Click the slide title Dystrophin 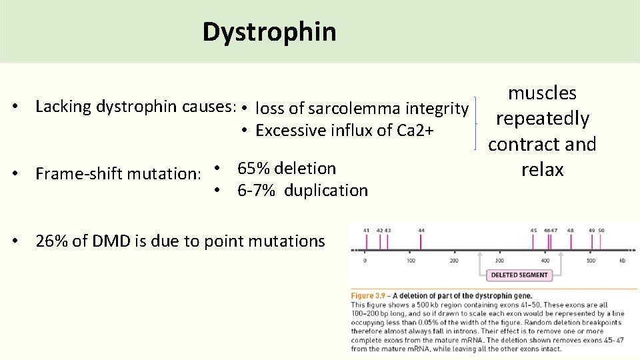[269, 31]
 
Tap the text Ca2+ [415, 130]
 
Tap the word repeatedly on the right [542, 119]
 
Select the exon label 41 [366, 230]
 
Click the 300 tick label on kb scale [499, 261]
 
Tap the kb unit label [622, 261]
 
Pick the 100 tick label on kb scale [411, 261]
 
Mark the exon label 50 [601, 230]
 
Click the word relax [542, 169]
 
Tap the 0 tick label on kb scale [365, 261]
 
